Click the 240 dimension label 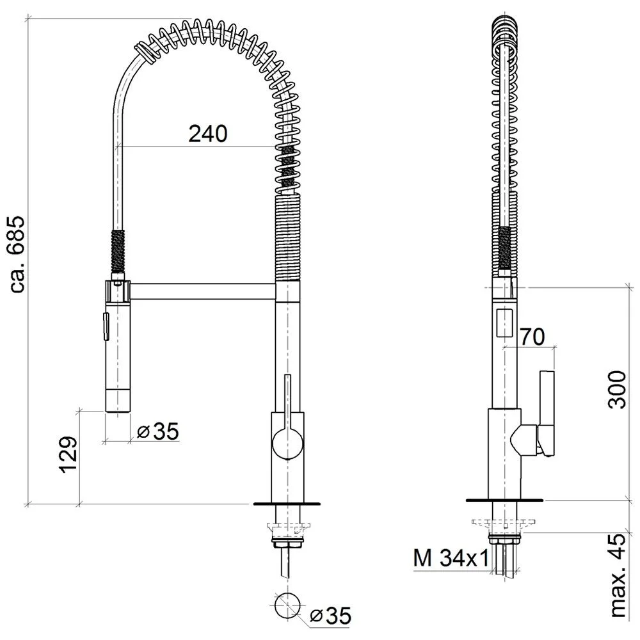pyautogui.click(x=208, y=134)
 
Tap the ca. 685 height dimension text pyautogui.click(x=17, y=254)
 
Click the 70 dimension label pyautogui.click(x=532, y=337)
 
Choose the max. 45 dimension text pyautogui.click(x=618, y=575)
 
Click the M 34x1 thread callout pyautogui.click(x=451, y=558)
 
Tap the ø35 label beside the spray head pyautogui.click(x=158, y=431)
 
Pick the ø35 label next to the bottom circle pyautogui.click(x=330, y=616)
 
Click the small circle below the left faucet pyautogui.click(x=287, y=605)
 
